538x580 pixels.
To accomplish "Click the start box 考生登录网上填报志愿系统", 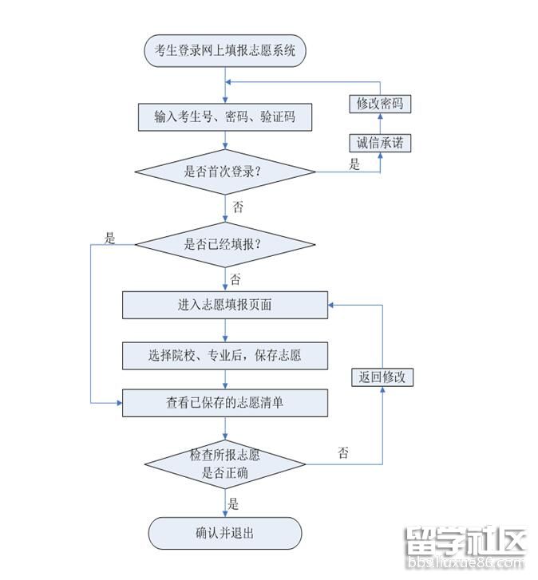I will (224, 50).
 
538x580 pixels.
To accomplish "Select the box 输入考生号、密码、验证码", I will (224, 117).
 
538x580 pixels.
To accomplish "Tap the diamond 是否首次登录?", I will (224, 172).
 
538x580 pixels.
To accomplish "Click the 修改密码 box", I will (380, 104).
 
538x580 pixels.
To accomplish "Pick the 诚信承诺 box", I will (380, 144).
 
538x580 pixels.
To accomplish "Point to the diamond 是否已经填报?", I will (224, 245).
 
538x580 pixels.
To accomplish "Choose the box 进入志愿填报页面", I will (224, 304).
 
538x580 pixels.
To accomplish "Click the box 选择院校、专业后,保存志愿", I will (224, 355).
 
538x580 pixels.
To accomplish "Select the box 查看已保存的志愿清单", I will (224, 403).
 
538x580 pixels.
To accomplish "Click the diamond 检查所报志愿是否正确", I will (224, 464).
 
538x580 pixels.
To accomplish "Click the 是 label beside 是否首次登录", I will (354, 166).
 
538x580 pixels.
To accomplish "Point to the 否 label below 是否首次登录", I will (238, 207).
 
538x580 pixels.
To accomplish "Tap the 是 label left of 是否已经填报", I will (110, 237).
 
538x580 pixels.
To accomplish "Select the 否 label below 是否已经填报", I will (235, 279).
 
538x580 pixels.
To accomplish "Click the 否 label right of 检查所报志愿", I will (343, 453).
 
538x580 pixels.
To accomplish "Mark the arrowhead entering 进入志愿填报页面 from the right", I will (332, 304).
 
